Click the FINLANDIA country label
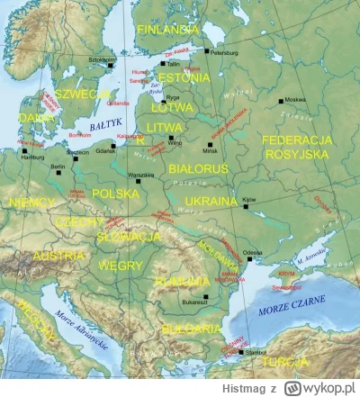(x=167, y=29)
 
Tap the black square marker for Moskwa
(x=282, y=101)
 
